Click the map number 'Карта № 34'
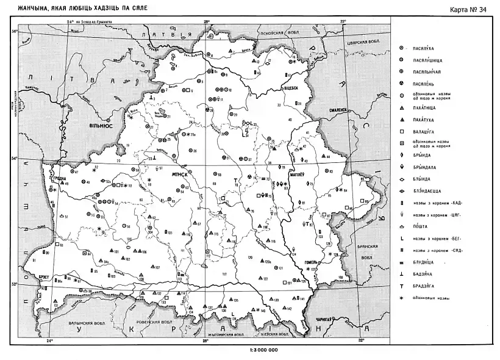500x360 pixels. pyautogui.click(x=470, y=9)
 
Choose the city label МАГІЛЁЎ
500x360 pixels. pyautogui.click(x=307, y=172)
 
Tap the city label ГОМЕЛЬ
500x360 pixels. pyautogui.click(x=310, y=263)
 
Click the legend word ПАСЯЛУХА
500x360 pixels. pyautogui.click(x=425, y=48)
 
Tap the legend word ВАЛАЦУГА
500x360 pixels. pyautogui.click(x=425, y=132)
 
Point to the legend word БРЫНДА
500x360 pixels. pyautogui.click(x=422, y=155)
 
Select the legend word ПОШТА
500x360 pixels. pyautogui.click(x=421, y=226)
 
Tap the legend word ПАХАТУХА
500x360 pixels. pyautogui.click(x=424, y=120)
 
